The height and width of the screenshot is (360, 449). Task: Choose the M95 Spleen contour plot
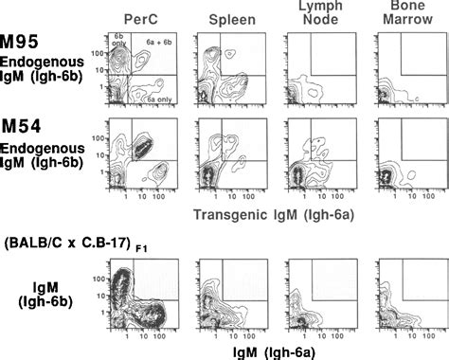(227, 71)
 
